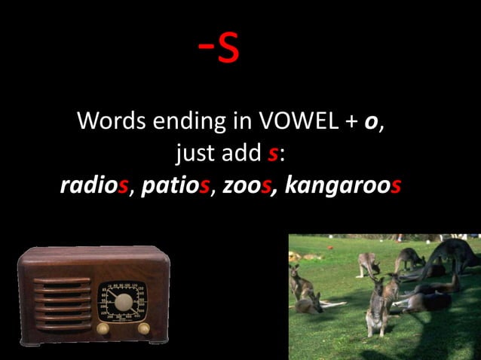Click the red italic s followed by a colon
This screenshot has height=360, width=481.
273,154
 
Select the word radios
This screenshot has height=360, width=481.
93,185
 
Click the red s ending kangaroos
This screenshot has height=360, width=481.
394,185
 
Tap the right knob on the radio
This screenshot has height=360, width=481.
143,328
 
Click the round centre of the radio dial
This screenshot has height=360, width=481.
124,303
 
